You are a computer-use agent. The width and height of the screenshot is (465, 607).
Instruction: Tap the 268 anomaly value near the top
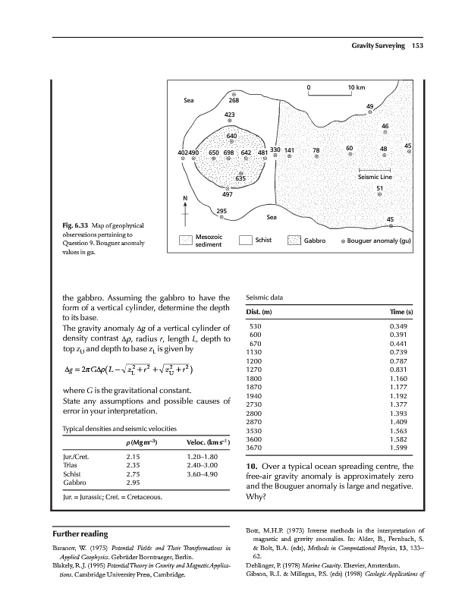[234, 99]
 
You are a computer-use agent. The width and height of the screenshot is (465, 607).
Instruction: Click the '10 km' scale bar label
[357, 87]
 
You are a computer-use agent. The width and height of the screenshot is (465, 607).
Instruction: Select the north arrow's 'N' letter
[184, 200]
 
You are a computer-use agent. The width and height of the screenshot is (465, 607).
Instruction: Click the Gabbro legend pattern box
[294, 241]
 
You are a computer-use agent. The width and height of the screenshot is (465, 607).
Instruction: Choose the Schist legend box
[244, 241]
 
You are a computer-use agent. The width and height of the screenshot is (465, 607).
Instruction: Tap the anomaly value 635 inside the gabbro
[240, 178]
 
